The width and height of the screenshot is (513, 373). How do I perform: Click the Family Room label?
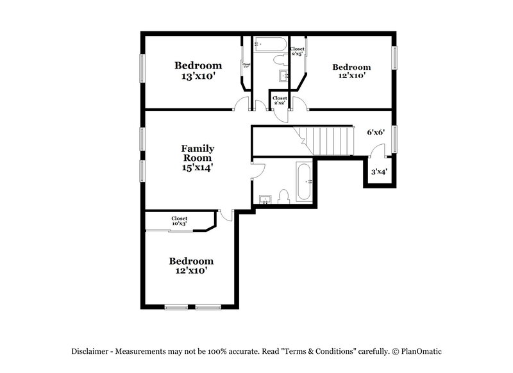[198, 153]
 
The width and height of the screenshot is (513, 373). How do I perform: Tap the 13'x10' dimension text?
[198, 76]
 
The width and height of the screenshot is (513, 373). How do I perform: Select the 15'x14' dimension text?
[198, 167]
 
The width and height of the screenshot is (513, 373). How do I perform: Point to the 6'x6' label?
[375, 133]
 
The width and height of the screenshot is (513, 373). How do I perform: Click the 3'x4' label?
[378, 172]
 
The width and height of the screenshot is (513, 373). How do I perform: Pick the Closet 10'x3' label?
[179, 221]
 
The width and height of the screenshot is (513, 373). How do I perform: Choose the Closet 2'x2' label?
[280, 101]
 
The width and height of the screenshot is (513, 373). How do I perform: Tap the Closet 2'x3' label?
[297, 51]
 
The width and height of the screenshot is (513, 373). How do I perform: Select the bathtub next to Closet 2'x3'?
[271, 44]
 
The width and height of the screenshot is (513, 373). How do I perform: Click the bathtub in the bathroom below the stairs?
[304, 182]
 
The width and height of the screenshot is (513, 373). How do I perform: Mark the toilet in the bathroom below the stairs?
[285, 197]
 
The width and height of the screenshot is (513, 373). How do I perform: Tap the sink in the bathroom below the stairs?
[264, 199]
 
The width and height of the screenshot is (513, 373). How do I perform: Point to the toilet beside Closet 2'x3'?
[280, 60]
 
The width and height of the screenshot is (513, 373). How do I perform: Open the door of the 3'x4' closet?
[378, 152]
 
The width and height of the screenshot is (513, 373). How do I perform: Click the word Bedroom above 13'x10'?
[198, 65]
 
